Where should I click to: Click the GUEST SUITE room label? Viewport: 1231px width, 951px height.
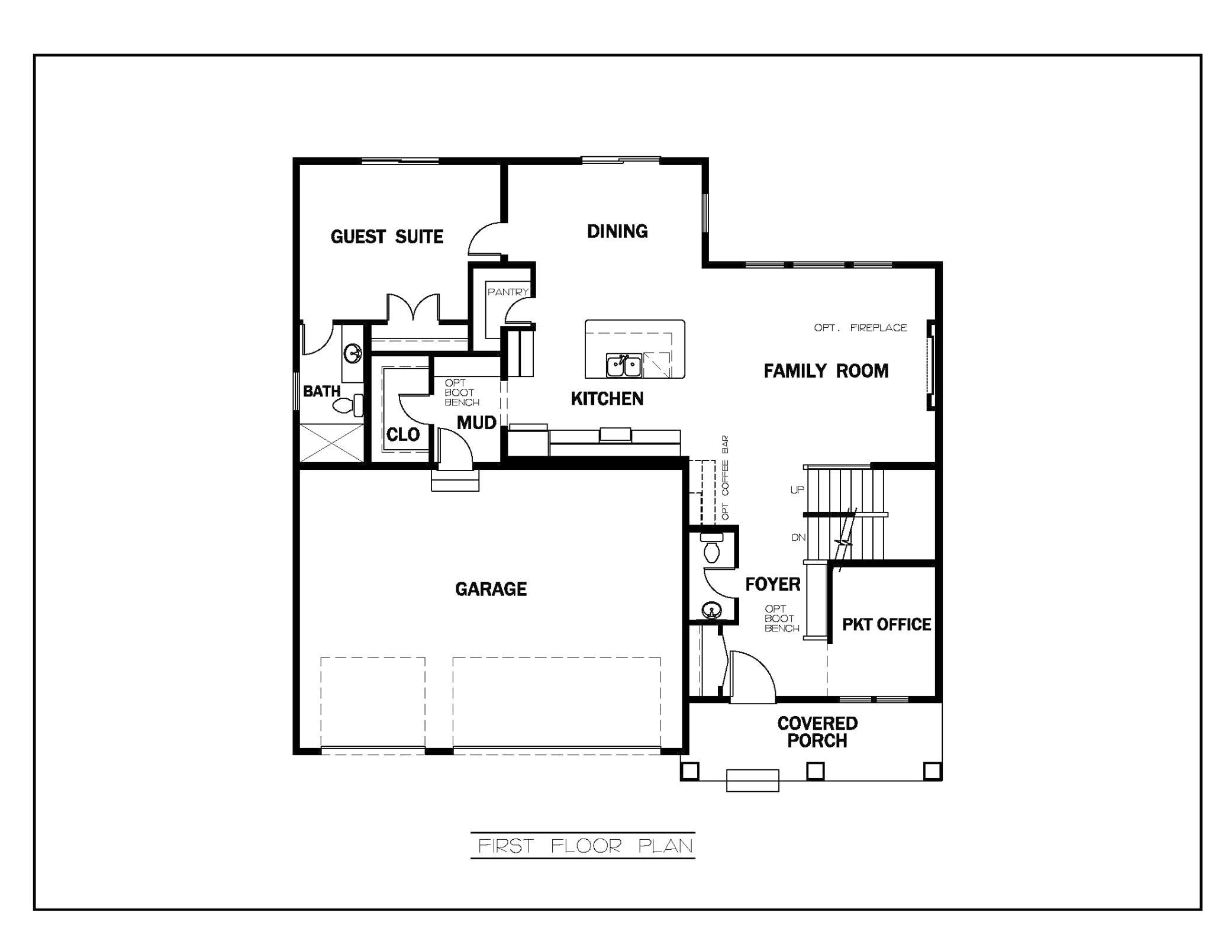pos(387,237)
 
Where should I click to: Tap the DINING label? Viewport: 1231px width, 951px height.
pos(617,231)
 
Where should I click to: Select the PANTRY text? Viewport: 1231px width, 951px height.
pos(508,292)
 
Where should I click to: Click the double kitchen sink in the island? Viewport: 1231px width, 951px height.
pos(624,366)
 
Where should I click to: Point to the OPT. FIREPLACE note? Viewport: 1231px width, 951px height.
pos(861,327)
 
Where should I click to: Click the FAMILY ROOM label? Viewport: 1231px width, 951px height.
pos(826,371)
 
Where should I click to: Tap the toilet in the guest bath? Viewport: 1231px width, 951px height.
pos(349,405)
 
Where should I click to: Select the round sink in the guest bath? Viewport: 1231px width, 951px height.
pos(353,354)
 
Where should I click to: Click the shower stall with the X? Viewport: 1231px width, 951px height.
pos(332,443)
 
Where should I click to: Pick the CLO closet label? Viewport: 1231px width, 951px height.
pos(403,435)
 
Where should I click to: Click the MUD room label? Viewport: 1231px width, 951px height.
pos(476,423)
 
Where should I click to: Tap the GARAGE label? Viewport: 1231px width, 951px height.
pos(491,589)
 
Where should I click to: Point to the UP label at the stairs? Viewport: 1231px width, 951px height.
pos(797,490)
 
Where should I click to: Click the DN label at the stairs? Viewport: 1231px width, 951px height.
pos(798,537)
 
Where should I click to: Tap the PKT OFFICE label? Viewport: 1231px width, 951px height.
pos(887,624)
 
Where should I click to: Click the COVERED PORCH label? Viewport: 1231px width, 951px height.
pos(817,732)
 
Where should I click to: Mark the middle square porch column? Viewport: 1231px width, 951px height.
pos(816,771)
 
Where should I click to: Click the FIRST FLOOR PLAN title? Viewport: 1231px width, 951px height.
pos(585,846)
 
